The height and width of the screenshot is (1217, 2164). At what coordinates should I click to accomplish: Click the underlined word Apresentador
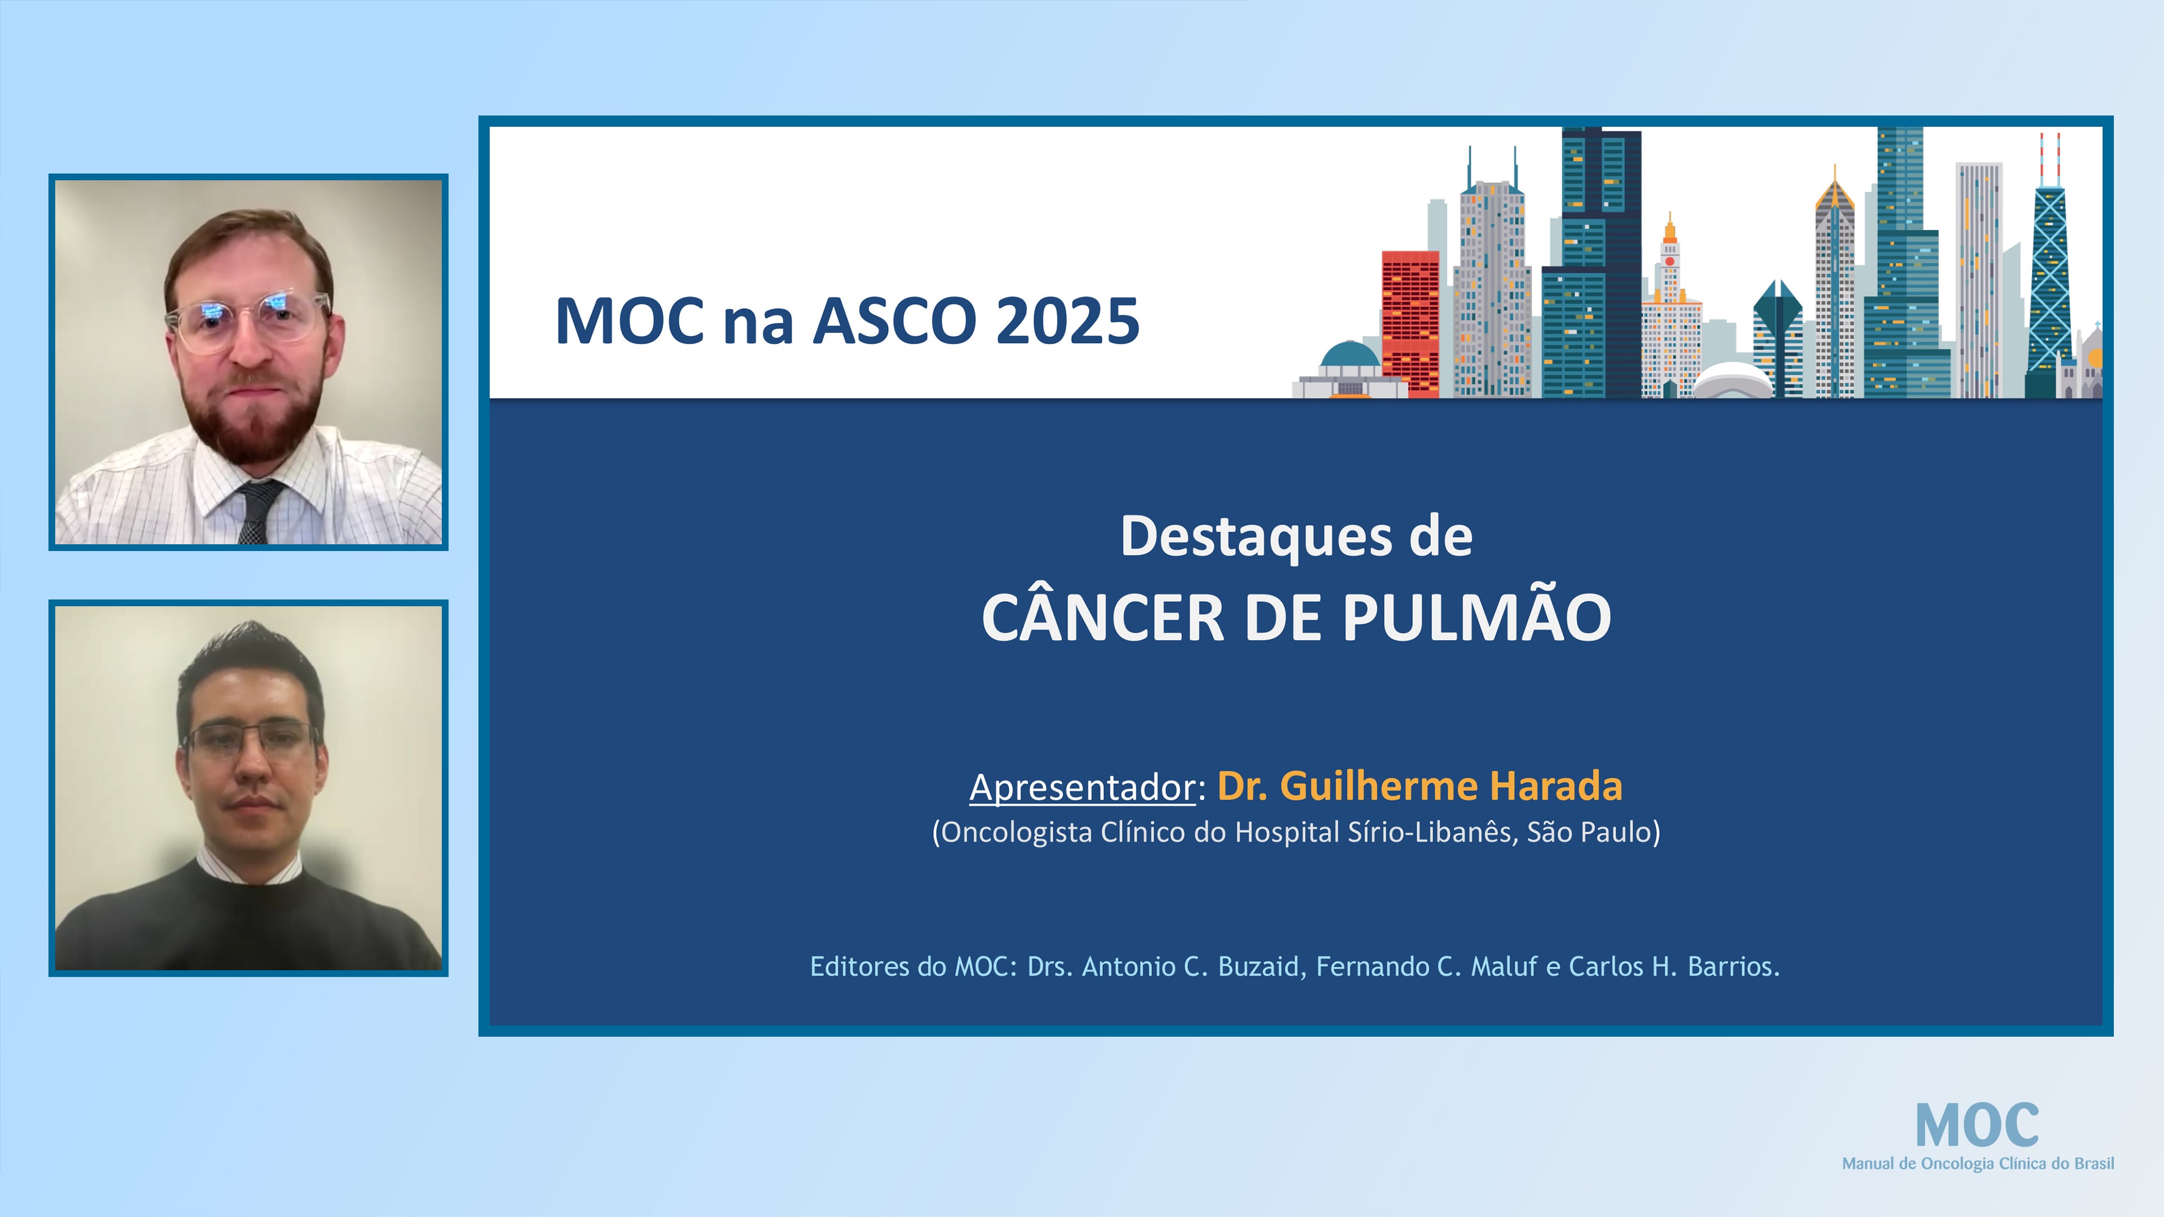pyautogui.click(x=1082, y=787)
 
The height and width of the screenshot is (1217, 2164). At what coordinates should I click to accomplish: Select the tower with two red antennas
pyautogui.click(x=2050, y=269)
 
